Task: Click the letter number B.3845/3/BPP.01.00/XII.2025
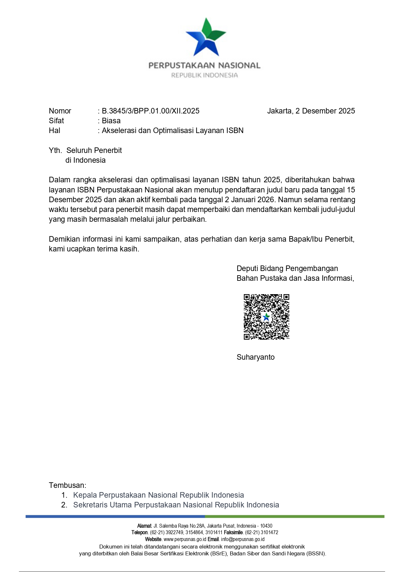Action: click(x=150, y=111)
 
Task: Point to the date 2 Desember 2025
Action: click(x=325, y=111)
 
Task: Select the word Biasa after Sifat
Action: click(x=111, y=121)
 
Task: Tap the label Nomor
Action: click(x=60, y=111)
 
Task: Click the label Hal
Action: click(x=54, y=130)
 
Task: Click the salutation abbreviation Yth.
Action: click(x=55, y=150)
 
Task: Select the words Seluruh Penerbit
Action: click(x=94, y=150)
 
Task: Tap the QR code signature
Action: click(x=266, y=317)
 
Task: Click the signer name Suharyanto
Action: click(x=256, y=357)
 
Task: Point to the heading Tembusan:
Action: click(x=67, y=485)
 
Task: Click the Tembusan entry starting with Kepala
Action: click(x=159, y=495)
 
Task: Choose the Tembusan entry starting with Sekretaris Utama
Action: click(x=176, y=505)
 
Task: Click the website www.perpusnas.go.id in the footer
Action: click(x=185, y=539)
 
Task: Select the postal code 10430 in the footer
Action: click(x=266, y=526)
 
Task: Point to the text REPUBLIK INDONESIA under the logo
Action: click(x=204, y=75)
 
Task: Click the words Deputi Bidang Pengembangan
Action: click(x=287, y=268)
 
